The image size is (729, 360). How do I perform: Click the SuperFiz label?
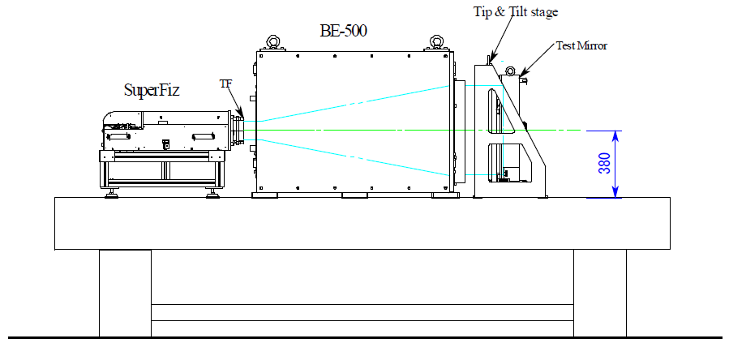click(x=152, y=90)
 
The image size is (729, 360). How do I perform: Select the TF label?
click(x=225, y=83)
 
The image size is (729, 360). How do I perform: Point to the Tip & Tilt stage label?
click(x=516, y=11)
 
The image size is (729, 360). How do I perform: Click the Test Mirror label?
click(x=581, y=45)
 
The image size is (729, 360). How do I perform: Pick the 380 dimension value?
click(x=604, y=165)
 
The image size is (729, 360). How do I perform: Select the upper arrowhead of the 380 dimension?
click(x=615, y=135)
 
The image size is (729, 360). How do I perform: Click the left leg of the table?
click(x=125, y=292)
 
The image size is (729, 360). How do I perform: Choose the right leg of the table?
click(x=599, y=292)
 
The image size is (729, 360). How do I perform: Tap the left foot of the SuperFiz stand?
click(x=112, y=192)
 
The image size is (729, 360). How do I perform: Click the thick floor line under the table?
click(x=365, y=336)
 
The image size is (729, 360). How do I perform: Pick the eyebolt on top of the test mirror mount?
click(x=511, y=71)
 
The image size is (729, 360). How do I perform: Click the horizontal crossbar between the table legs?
click(x=362, y=312)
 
